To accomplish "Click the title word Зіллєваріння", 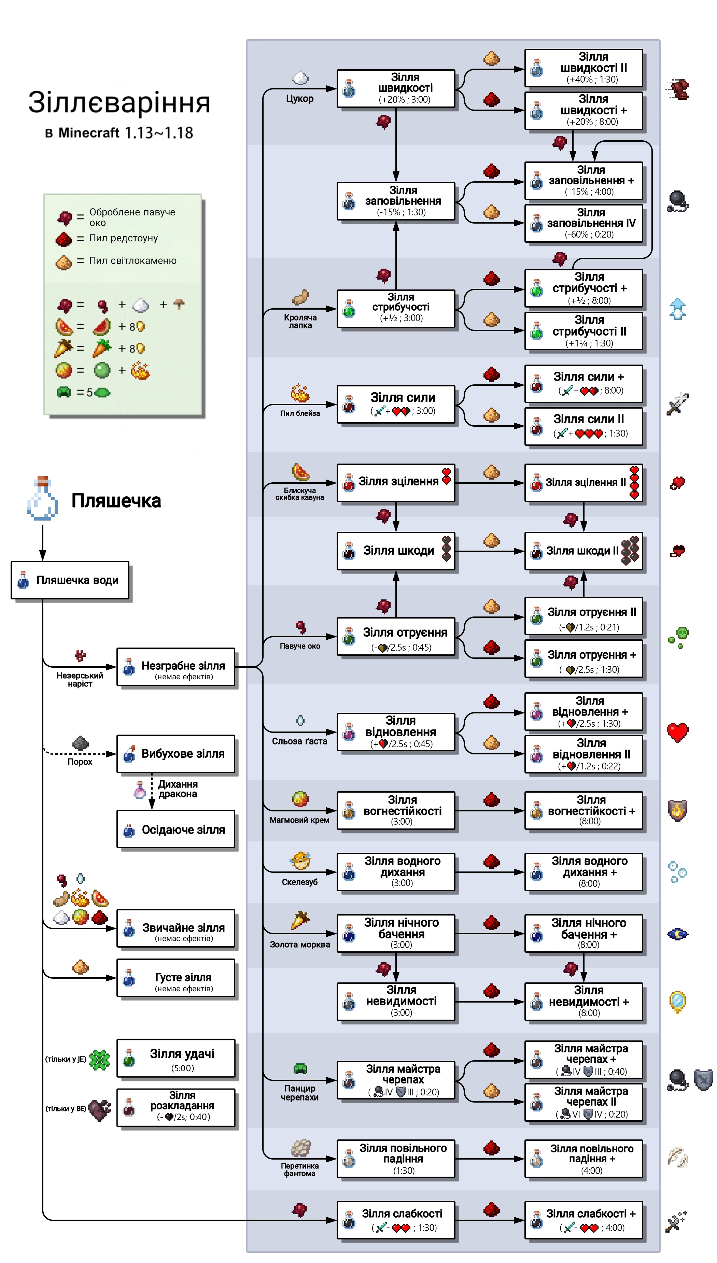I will click(119, 102).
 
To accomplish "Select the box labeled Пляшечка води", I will click(70, 580).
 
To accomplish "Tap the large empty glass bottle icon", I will click(42, 499).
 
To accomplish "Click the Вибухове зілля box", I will click(176, 754).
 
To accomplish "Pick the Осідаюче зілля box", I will click(176, 829).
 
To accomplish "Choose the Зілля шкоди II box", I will click(584, 551).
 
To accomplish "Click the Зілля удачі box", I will click(176, 1058).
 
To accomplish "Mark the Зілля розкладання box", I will click(176, 1107).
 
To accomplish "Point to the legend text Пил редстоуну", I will click(123, 238).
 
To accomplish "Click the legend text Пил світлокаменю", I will click(132, 261).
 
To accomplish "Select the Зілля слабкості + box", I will click(584, 1220).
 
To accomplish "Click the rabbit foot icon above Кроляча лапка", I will click(300, 297).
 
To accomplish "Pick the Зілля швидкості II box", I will click(584, 68).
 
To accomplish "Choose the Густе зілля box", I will click(176, 978).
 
